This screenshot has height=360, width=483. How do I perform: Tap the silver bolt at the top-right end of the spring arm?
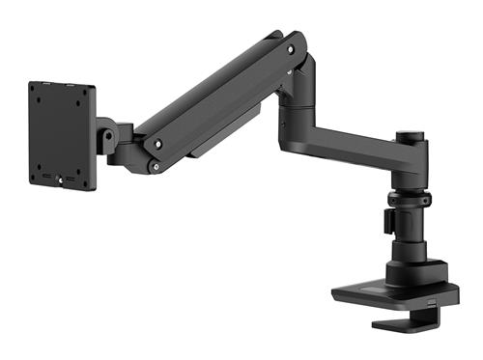coord(289,44)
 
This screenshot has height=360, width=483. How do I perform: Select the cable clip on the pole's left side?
coord(386,221)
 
